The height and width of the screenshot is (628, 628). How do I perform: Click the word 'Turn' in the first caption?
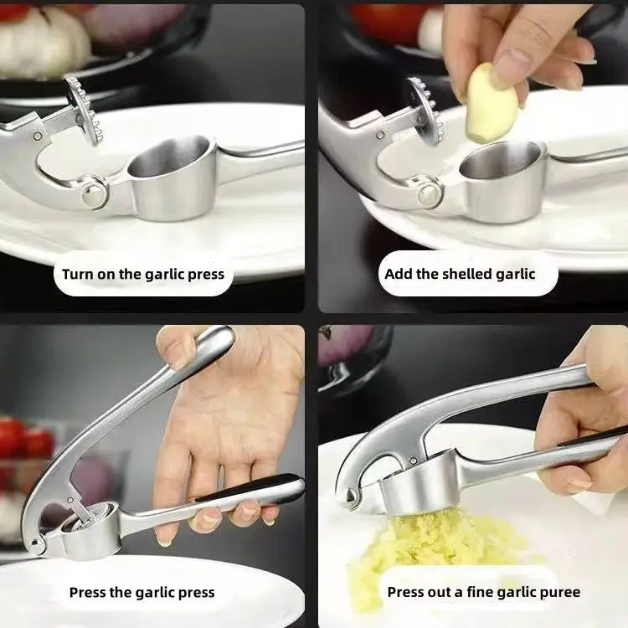(x=77, y=274)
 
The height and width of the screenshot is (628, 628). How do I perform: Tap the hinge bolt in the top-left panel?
(x=95, y=195)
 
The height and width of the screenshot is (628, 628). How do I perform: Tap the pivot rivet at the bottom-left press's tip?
(x=36, y=543)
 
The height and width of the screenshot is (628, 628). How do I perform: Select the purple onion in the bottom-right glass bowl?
(x=347, y=345)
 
